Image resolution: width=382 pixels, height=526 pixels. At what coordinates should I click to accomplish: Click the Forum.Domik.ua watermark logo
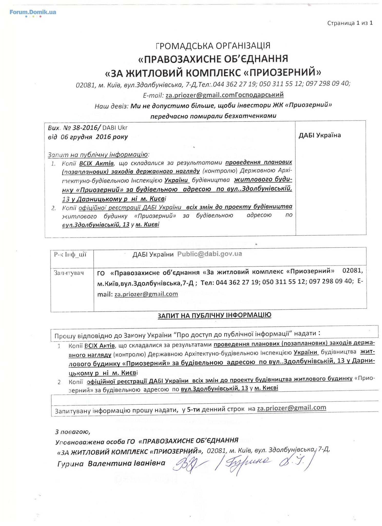click(x=33, y=12)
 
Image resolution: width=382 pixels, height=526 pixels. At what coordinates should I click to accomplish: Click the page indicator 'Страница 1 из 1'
click(x=350, y=23)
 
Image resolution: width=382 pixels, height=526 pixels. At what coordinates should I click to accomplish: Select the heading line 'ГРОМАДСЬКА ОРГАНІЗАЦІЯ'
click(x=213, y=46)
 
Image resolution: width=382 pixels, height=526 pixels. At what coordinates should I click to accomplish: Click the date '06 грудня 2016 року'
click(x=94, y=137)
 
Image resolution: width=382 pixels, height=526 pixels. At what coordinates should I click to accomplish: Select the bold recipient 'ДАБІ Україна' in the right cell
click(x=319, y=135)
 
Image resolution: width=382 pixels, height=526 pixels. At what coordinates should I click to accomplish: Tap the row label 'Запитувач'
click(x=68, y=273)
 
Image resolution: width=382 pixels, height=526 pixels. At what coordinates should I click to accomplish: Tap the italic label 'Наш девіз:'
click(x=111, y=106)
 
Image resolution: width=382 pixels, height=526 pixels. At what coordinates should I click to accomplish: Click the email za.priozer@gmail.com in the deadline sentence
click(x=291, y=408)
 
